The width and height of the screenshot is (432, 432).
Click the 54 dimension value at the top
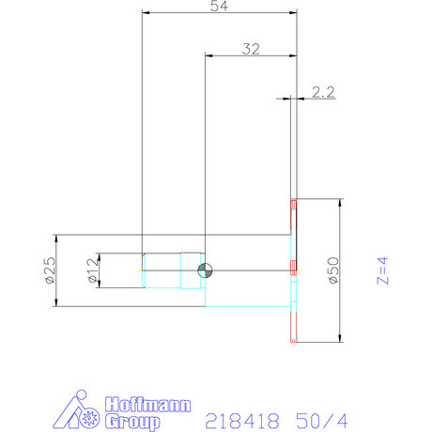(x=219, y=7)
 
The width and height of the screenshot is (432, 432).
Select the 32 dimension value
(x=251, y=50)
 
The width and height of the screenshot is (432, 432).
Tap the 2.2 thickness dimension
(x=323, y=91)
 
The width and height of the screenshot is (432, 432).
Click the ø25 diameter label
(x=50, y=270)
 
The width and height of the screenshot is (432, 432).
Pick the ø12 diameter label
(x=92, y=270)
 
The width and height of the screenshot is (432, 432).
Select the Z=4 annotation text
(x=382, y=270)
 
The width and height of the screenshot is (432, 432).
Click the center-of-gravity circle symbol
(x=205, y=270)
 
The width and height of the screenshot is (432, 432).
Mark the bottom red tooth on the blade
(x=294, y=339)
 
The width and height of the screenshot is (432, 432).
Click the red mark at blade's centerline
(x=294, y=265)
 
